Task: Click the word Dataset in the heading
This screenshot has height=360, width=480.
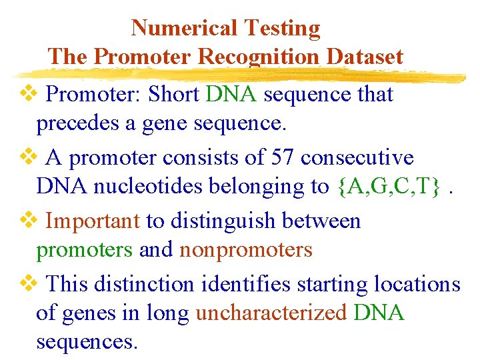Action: click(365, 57)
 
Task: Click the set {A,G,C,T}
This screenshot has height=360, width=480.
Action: click(388, 187)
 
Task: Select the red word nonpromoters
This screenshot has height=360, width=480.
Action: click(246, 249)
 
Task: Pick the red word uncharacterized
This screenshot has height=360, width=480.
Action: click(271, 313)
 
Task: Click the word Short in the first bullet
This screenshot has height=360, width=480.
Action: click(174, 95)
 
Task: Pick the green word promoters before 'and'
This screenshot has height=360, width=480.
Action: click(85, 249)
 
